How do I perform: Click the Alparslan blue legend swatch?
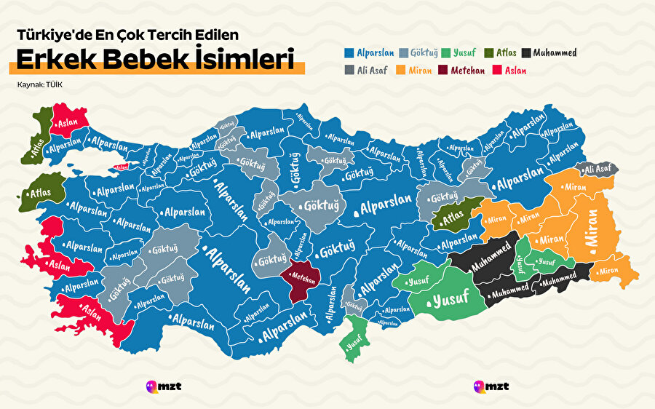pos(349,52)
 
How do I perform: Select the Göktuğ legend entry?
pos(418,53)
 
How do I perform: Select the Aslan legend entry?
pos(510,71)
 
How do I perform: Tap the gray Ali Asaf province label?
pos(598,169)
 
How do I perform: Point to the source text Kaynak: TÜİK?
pos(41,85)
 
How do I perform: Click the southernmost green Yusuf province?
pos(354,338)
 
